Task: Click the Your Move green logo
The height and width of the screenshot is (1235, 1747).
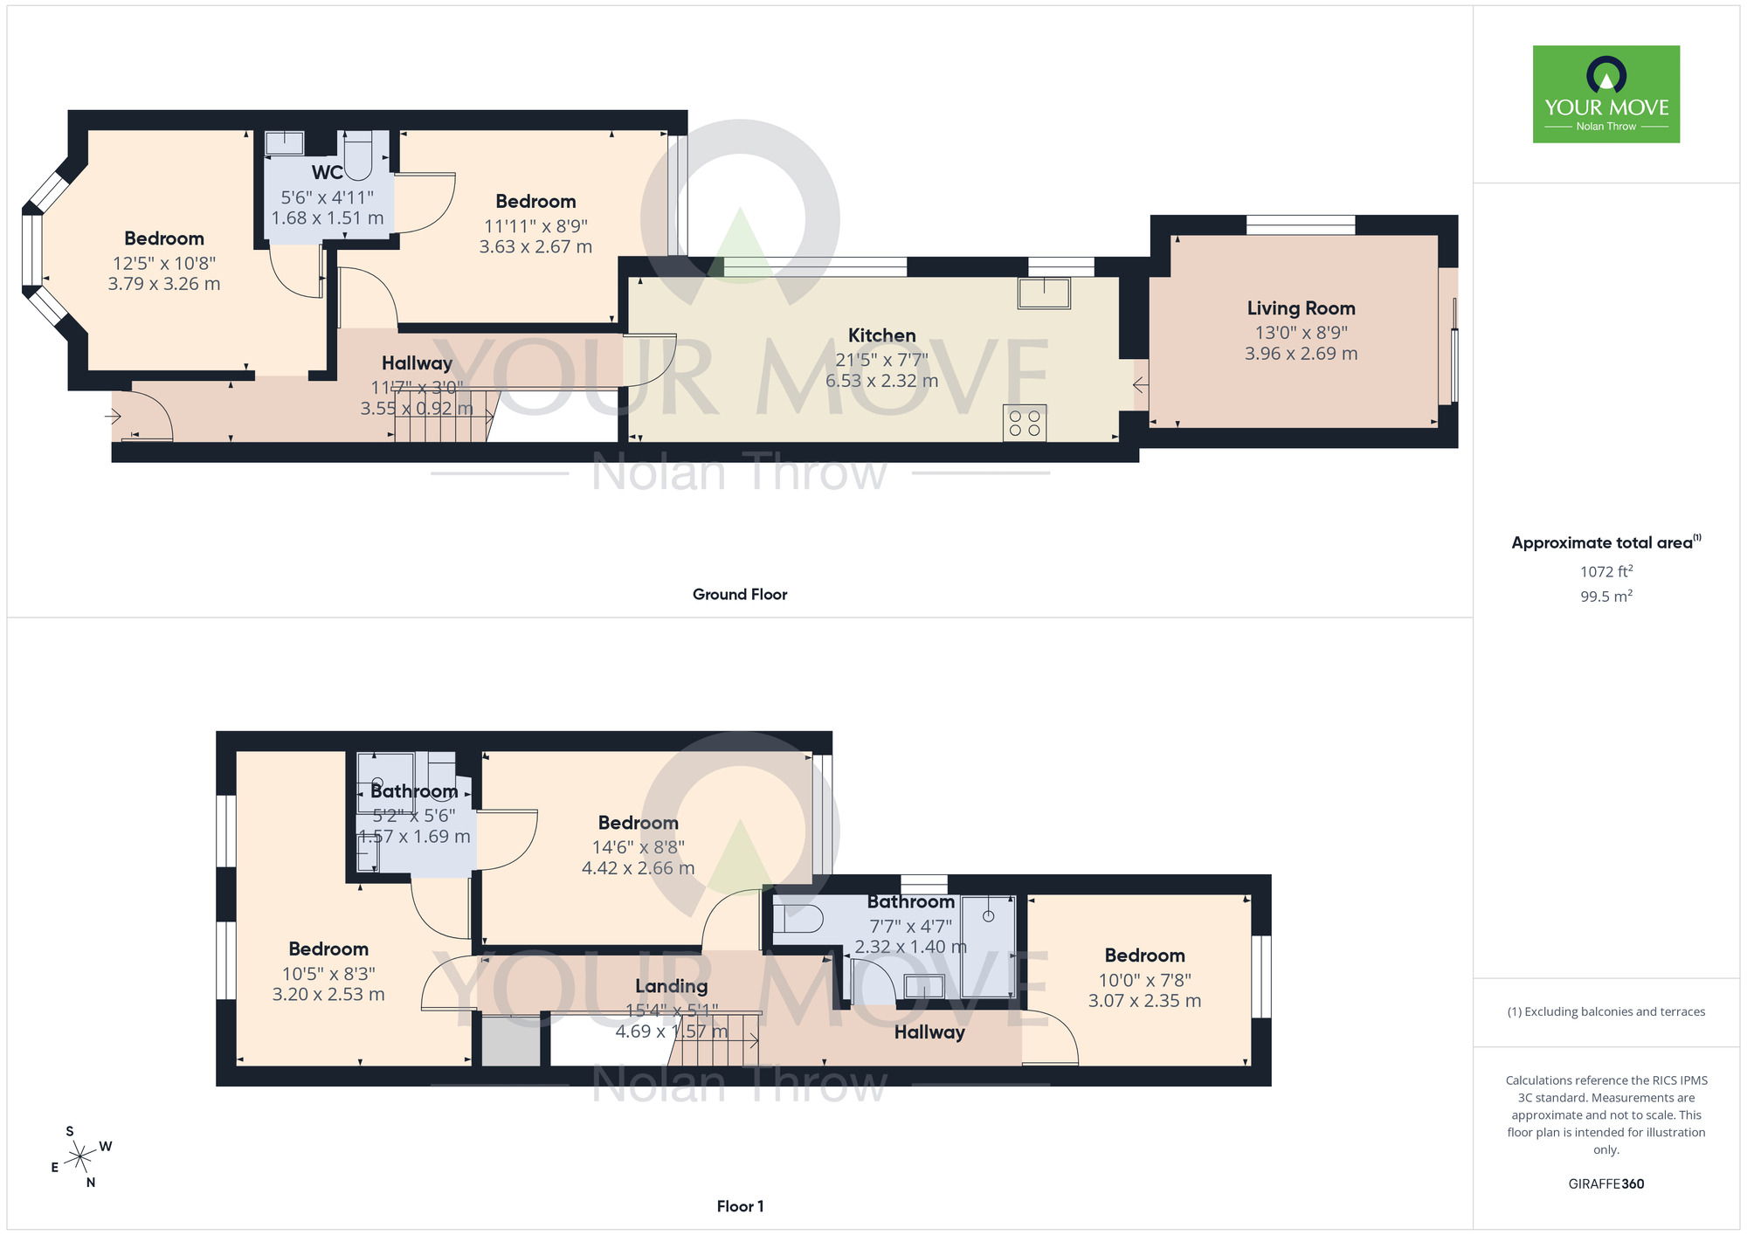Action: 1606,94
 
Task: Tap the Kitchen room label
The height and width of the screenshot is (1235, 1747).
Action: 882,335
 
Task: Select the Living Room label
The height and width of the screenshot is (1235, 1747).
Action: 1301,308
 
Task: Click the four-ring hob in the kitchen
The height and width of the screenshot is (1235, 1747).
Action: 1025,424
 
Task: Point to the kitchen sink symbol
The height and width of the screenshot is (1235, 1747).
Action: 1044,293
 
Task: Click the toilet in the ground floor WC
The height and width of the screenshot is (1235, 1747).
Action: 358,155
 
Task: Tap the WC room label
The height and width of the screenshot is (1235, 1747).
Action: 328,173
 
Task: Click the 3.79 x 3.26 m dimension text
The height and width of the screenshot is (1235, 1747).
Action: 164,284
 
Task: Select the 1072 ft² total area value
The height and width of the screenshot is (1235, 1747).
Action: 1606,572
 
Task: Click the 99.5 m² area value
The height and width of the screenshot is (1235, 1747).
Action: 1606,597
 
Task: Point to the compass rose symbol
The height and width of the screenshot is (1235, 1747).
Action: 81,1157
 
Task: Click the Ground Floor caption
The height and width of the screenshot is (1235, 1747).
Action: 740,595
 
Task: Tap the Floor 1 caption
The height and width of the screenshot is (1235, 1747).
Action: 740,1206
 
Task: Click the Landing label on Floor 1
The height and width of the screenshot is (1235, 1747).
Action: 671,986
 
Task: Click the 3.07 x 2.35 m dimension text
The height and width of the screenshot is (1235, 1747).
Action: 1144,1001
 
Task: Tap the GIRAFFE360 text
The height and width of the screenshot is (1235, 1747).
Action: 1606,1184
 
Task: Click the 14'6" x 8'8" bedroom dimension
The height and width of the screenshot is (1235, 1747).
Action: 639,847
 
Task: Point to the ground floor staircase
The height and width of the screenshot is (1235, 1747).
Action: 446,417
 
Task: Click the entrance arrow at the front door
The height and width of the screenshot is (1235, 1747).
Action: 113,417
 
